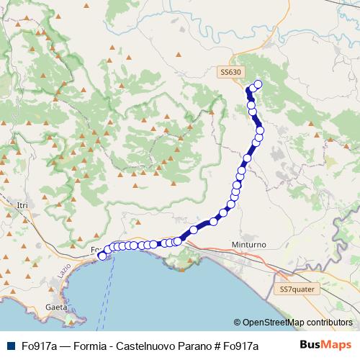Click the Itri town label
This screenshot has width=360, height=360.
coord(22,205)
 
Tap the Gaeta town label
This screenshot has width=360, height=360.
coord(55,306)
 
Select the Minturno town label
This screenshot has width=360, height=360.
coord(249,245)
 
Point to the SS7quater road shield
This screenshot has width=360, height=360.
coord(298,289)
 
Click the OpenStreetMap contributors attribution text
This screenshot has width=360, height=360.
coord(297,323)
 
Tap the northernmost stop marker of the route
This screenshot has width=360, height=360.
coord(258,84)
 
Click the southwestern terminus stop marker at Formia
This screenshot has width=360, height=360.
coord(102,255)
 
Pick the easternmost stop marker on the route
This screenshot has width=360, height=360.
coord(260,130)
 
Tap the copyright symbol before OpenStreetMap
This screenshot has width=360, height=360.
coord(237,323)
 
